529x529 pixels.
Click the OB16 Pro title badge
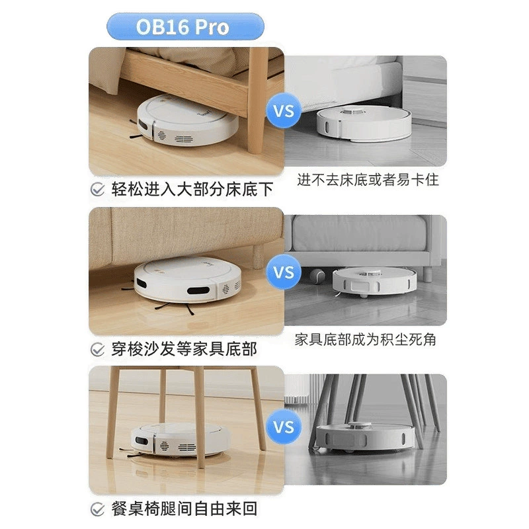pos(185,26)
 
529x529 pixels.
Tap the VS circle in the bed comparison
pos(284,111)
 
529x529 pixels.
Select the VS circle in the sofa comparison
pos(284,272)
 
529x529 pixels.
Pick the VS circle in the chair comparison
pos(284,427)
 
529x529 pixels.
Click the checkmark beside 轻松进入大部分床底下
pos(98,189)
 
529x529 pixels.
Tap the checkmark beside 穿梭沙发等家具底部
pos(98,349)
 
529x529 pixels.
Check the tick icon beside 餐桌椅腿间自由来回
pos(98,509)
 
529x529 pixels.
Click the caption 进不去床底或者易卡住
pos(368,180)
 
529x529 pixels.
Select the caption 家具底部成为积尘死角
pos(366,339)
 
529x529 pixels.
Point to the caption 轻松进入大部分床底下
pos(192,189)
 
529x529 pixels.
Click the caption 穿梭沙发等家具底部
pos(184,349)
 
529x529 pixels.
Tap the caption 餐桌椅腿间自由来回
pos(184,509)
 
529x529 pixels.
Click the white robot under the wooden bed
pos(185,121)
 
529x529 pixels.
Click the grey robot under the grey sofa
pos(374,282)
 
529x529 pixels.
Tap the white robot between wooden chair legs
pos(179,440)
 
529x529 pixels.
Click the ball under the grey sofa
pos(317,275)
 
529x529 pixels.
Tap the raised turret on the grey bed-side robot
pos(353,110)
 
